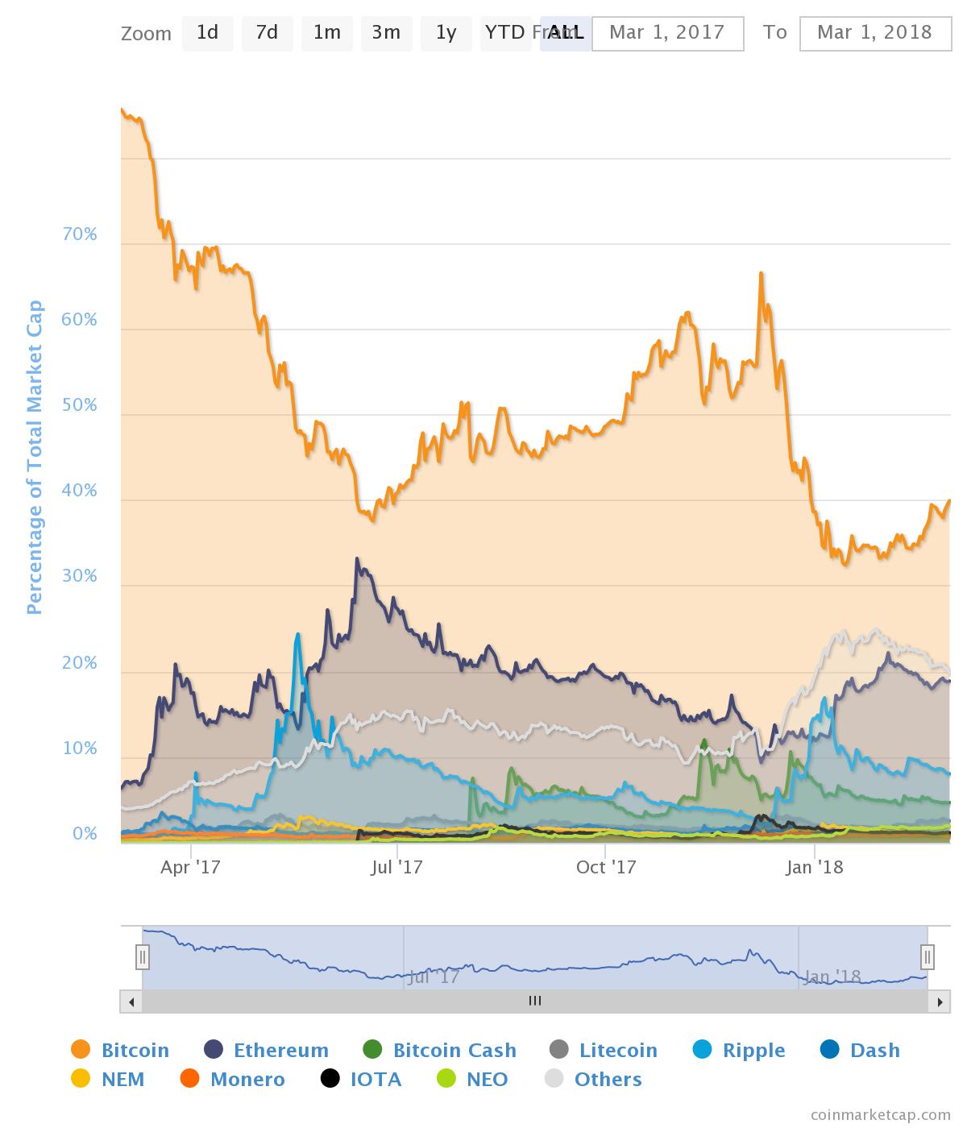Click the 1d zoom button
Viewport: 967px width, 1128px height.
coord(207,33)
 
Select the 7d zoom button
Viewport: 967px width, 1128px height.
coord(267,33)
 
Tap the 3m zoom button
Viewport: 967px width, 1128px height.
coord(386,33)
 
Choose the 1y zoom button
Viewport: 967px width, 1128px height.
coord(446,33)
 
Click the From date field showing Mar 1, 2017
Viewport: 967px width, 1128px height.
coord(667,33)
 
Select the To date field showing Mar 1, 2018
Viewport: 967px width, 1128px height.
coord(875,33)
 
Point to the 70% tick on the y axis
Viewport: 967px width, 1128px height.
coord(79,234)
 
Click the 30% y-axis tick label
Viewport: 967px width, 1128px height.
coord(79,576)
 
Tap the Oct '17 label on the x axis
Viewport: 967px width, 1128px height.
coord(606,868)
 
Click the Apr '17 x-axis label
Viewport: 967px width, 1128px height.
coord(191,868)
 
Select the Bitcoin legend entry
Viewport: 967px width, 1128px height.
coord(121,1051)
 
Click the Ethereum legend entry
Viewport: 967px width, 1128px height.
coord(267,1051)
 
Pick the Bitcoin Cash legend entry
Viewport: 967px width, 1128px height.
coord(440,1051)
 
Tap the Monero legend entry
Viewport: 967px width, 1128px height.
coord(233,1080)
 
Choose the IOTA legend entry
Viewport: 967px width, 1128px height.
coord(361,1080)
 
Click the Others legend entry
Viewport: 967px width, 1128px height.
coord(594,1080)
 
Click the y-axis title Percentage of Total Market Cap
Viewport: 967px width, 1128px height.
coord(34,458)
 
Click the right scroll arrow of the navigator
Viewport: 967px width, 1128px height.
coord(939,1002)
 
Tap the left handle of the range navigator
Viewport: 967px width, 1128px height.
coord(143,957)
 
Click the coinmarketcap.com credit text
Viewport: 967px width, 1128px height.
coord(880,1115)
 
